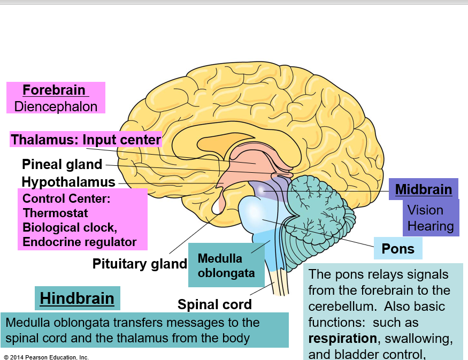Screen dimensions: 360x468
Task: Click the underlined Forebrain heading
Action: [x=55, y=90]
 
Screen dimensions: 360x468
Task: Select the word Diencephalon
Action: [x=56, y=106]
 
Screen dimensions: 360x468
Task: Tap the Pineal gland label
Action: [x=62, y=164]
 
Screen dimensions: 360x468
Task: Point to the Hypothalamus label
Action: [x=68, y=182]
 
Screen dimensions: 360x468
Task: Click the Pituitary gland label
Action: [x=140, y=264]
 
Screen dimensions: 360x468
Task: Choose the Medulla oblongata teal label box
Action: [x=226, y=265]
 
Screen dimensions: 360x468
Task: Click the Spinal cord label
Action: [x=214, y=304]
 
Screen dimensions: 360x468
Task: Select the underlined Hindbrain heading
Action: [x=77, y=298]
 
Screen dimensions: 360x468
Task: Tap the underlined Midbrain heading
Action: [x=424, y=189]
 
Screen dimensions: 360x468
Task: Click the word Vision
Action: [x=425, y=210]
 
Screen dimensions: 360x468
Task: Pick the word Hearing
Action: [x=431, y=226]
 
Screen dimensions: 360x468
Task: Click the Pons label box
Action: [x=398, y=249]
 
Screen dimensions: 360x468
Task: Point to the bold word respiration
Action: [x=342, y=338]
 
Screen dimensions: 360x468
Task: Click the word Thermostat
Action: [x=55, y=213]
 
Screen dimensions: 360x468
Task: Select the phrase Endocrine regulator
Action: [x=79, y=242]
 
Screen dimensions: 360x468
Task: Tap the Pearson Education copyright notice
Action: [x=46, y=357]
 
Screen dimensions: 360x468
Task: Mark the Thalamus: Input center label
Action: [x=86, y=140]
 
